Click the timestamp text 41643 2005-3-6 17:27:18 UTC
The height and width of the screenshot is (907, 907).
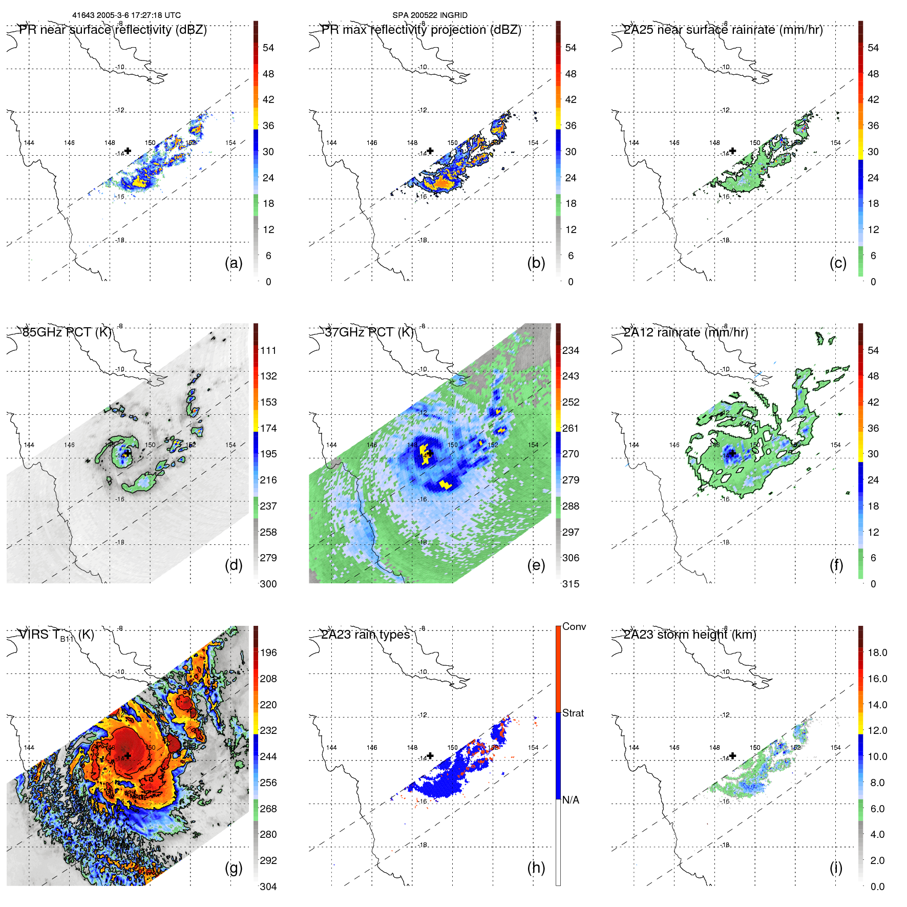126,15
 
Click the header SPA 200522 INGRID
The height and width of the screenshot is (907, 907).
430,15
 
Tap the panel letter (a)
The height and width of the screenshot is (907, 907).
234,263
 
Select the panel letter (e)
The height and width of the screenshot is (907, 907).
536,565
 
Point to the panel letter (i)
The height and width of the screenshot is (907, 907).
836,868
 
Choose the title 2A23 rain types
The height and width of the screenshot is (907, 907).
366,635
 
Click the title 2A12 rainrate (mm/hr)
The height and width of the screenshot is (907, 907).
685,332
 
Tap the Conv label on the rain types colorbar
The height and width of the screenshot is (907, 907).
574,627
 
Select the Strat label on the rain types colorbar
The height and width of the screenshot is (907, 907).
573,713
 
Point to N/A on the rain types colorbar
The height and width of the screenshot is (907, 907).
571,800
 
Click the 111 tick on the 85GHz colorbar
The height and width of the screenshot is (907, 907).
268,351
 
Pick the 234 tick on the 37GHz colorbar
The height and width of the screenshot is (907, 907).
571,351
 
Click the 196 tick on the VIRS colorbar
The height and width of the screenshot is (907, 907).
268,653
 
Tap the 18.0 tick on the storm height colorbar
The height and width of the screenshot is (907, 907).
877,653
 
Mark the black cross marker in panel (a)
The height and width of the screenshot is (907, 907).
128,151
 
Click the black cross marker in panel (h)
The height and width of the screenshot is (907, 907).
430,755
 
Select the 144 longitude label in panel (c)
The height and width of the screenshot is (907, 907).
634,143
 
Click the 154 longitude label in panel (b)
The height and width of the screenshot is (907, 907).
533,143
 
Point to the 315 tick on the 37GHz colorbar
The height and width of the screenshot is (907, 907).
571,584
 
